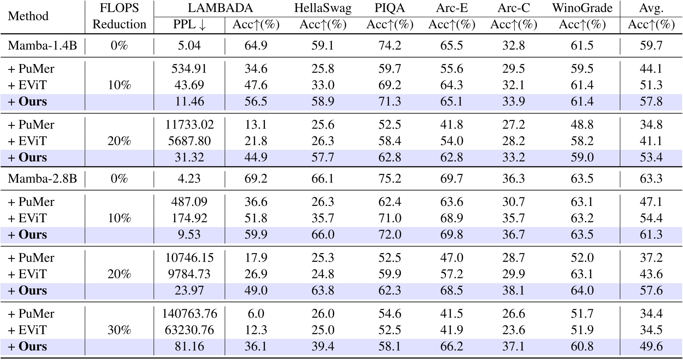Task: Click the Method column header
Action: pyautogui.click(x=28, y=16)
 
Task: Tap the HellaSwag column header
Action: pyautogui.click(x=322, y=8)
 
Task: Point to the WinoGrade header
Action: pyautogui.click(x=582, y=8)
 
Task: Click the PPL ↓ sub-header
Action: pyautogui.click(x=189, y=25)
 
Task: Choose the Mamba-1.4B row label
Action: pyautogui.click(x=42, y=45)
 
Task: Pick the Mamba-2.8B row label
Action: pyautogui.click(x=42, y=178)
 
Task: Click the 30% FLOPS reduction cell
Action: pyautogui.click(x=119, y=330)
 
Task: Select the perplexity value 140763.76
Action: pyautogui.click(x=189, y=314)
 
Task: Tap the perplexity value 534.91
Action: pyautogui.click(x=189, y=69)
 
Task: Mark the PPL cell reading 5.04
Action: pyautogui.click(x=189, y=45)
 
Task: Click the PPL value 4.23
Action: pyautogui.click(x=189, y=178)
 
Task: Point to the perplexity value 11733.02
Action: pyautogui.click(x=189, y=125)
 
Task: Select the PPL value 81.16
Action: pyautogui.click(x=189, y=346)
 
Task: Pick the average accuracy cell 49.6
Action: pyautogui.click(x=651, y=346)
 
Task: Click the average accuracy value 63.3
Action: pyautogui.click(x=651, y=178)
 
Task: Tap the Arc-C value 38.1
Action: pyautogui.click(x=513, y=291)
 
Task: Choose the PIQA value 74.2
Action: pyautogui.click(x=389, y=45)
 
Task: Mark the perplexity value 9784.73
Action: pyautogui.click(x=189, y=274)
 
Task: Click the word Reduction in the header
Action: pyautogui.click(x=119, y=24)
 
